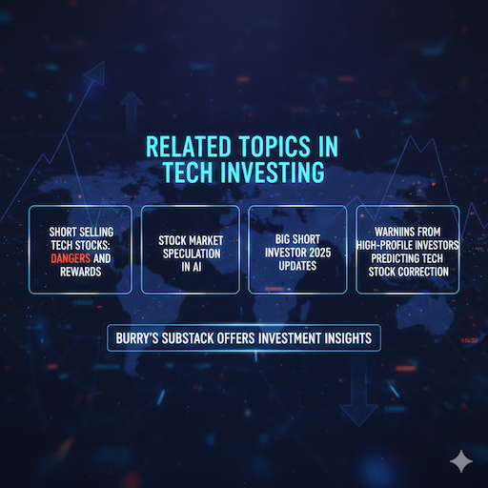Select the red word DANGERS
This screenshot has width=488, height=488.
pyautogui.click(x=71, y=256)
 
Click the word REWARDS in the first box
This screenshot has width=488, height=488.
pyautogui.click(x=80, y=271)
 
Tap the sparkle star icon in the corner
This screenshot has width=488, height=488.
pyautogui.click(x=462, y=461)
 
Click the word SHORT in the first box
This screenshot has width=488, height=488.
pyautogui.click(x=66, y=230)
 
